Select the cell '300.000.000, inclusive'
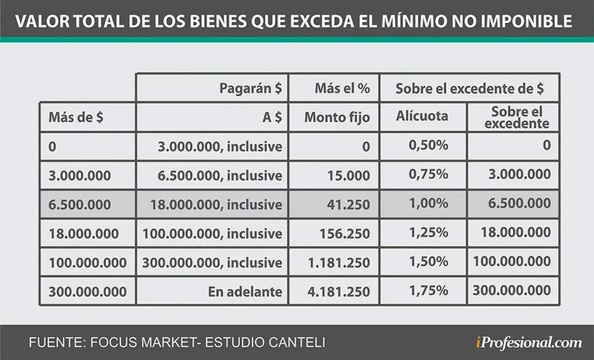[212, 263]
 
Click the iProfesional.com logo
[529, 343]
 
